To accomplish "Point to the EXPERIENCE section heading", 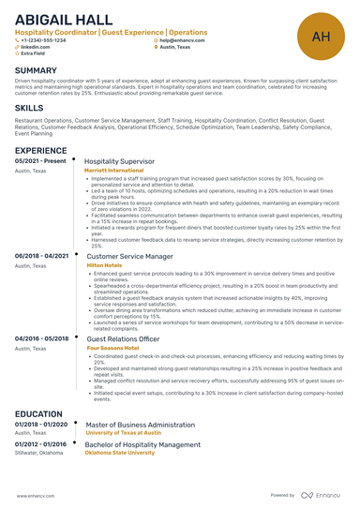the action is (40, 150).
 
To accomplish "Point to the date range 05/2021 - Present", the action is (41, 161).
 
